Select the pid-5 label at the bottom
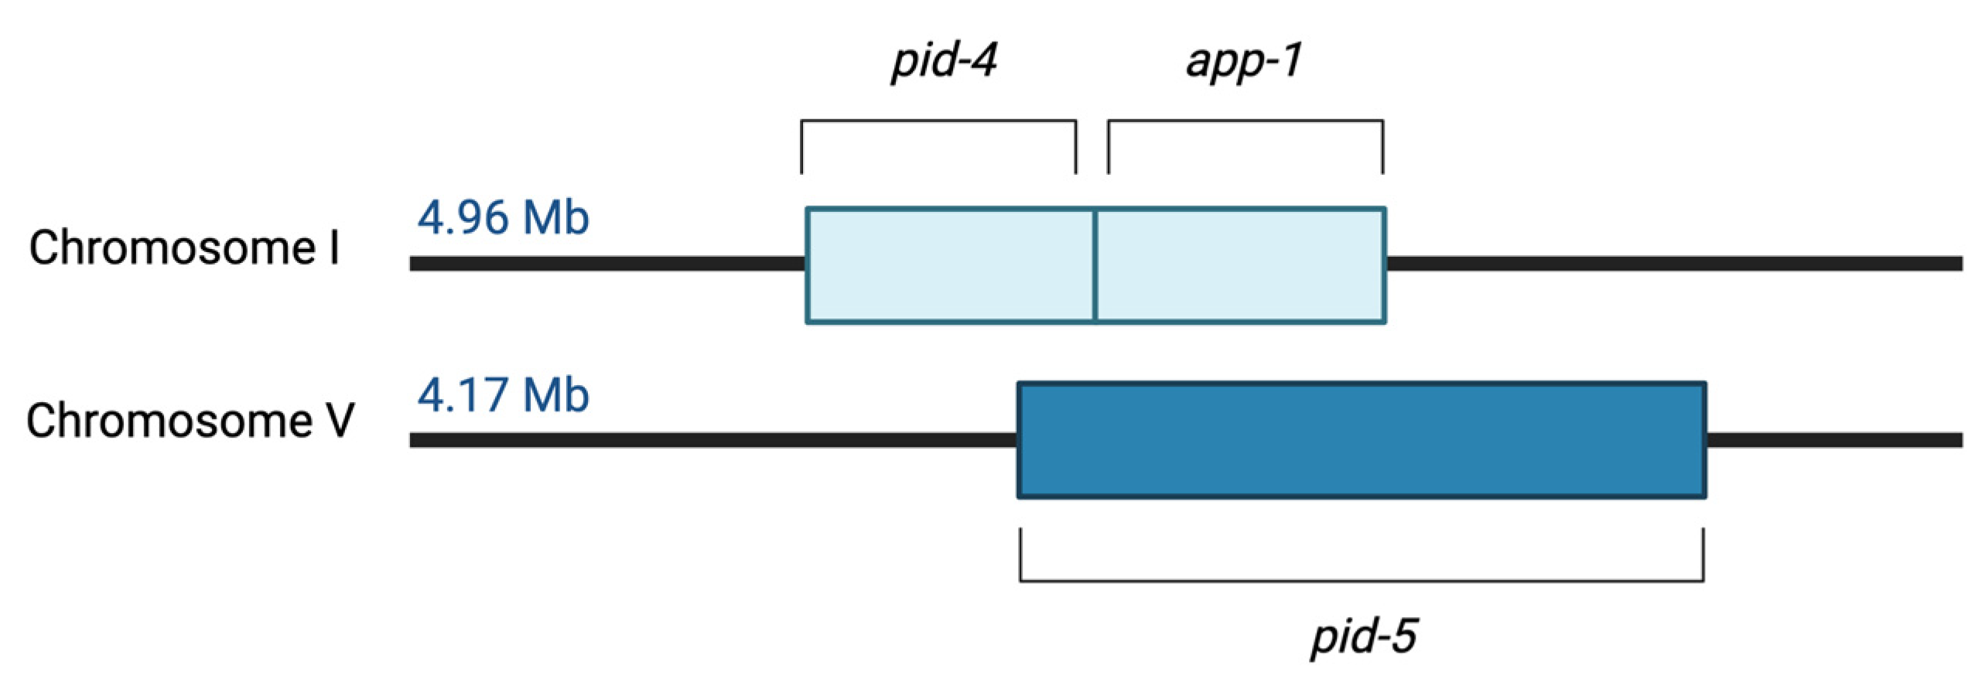click(1363, 636)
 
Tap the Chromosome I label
click(184, 249)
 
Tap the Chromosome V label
click(190, 421)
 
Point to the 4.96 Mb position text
click(503, 218)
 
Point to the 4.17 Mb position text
click(503, 395)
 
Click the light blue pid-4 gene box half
click(950, 264)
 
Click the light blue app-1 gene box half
click(1240, 264)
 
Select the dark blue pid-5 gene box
click(1362, 440)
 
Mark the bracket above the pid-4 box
click(938, 122)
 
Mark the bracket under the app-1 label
click(1245, 122)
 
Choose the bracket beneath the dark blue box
click(1362, 579)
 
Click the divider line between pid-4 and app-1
click(1095, 264)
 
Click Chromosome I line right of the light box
click(1671, 264)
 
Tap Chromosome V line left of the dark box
click(712, 440)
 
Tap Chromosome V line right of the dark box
click(1833, 440)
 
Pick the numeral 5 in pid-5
click(1402, 636)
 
